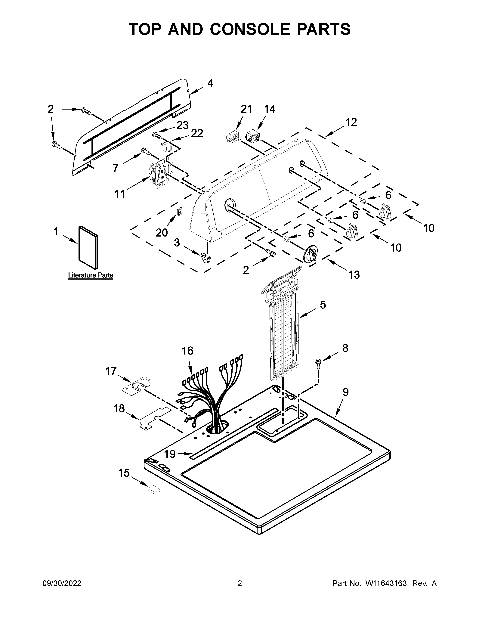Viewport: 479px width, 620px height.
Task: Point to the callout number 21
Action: [246, 109]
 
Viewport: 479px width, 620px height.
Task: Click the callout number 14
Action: [269, 109]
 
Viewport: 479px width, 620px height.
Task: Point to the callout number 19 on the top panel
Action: [170, 454]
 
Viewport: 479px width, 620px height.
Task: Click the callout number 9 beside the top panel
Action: [345, 392]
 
